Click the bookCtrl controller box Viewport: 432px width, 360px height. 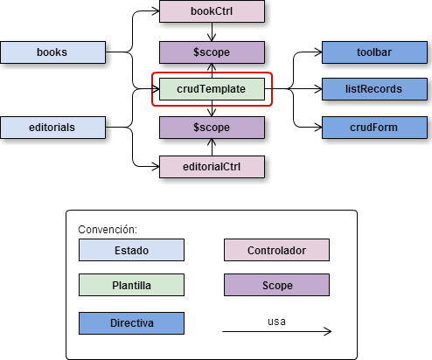212,11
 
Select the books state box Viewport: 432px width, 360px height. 52,52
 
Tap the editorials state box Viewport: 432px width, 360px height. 52,128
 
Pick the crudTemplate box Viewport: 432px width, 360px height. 212,89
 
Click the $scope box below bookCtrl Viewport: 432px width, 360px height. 212,52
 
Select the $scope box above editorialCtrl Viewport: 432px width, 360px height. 212,128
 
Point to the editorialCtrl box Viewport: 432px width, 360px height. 212,167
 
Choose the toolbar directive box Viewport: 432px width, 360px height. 374,52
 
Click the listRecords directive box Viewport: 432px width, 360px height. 374,89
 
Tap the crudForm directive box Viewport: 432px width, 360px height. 374,128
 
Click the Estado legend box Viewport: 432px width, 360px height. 131,250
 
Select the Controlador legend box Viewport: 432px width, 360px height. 276,250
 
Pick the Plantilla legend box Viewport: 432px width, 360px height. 131,285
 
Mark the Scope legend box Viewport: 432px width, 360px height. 276,285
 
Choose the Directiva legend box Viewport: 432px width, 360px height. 131,323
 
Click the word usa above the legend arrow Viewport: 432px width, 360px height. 276,322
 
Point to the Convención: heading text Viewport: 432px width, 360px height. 108,230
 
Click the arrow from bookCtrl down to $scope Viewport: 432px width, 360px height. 212,31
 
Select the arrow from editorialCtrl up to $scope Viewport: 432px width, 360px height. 212,147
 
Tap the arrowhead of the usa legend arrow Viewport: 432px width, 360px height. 328,331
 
